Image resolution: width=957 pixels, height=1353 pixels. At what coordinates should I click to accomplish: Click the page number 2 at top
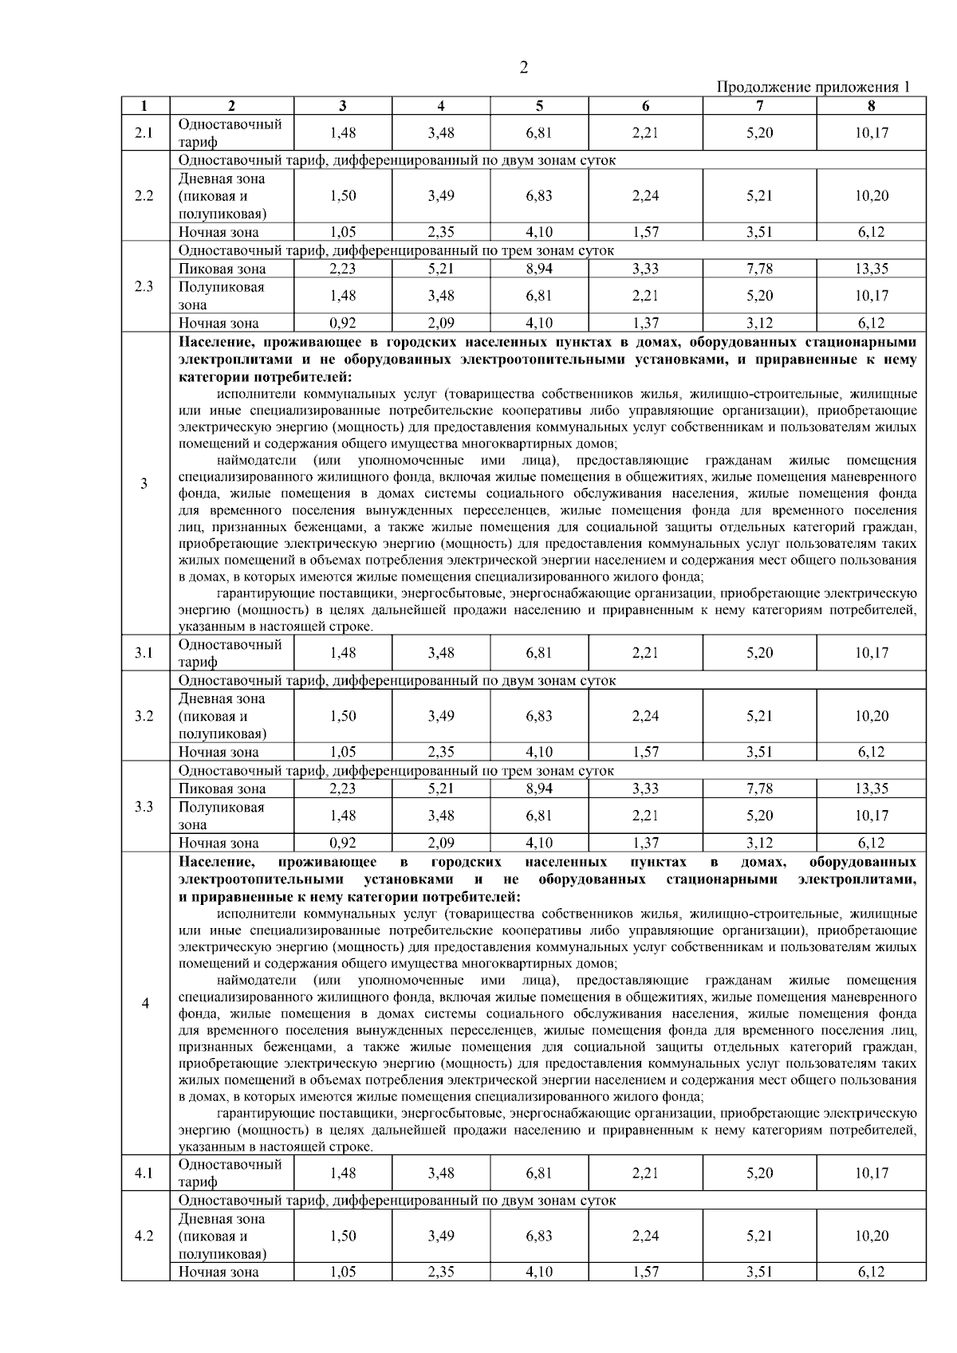pos(523,69)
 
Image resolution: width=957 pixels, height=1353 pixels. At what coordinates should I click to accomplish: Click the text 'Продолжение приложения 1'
pos(813,87)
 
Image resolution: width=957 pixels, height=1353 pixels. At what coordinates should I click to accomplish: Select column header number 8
pos(871,105)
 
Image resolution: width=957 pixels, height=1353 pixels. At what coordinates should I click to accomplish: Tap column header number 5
pos(539,105)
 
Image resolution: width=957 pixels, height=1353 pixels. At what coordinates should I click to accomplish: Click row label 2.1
pos(144,133)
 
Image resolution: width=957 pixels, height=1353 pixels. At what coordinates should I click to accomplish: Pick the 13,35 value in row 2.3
pos(871,269)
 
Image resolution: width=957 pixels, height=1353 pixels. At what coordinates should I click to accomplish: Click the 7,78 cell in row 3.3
pos(759,789)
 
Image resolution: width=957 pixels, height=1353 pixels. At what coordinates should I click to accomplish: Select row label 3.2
pos(144,716)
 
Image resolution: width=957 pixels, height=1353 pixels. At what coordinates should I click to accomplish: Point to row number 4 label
pos(144,1003)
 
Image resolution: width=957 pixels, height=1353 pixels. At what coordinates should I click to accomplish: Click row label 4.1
pos(144,1173)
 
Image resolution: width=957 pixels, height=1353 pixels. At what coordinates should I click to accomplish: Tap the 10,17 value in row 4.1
pos(871,1173)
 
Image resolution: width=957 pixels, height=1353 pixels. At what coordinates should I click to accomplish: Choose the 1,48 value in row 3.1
pos(343,653)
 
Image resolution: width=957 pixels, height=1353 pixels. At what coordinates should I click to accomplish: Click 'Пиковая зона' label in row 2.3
pos(222,269)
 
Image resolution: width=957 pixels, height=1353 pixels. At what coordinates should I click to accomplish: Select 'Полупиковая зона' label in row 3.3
pos(221,816)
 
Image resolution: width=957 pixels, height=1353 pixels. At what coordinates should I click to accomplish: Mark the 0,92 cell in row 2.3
pos(343,323)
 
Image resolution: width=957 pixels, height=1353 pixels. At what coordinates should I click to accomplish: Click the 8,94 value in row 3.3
pos(539,789)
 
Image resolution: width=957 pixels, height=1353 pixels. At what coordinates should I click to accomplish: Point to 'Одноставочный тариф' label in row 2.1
pos(230,133)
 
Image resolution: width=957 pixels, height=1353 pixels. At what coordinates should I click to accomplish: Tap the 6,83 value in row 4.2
pos(539,1236)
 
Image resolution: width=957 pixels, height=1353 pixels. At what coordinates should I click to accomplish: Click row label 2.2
pos(144,196)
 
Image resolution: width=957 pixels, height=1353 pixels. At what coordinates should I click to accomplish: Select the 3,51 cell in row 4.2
pos(759,1272)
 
